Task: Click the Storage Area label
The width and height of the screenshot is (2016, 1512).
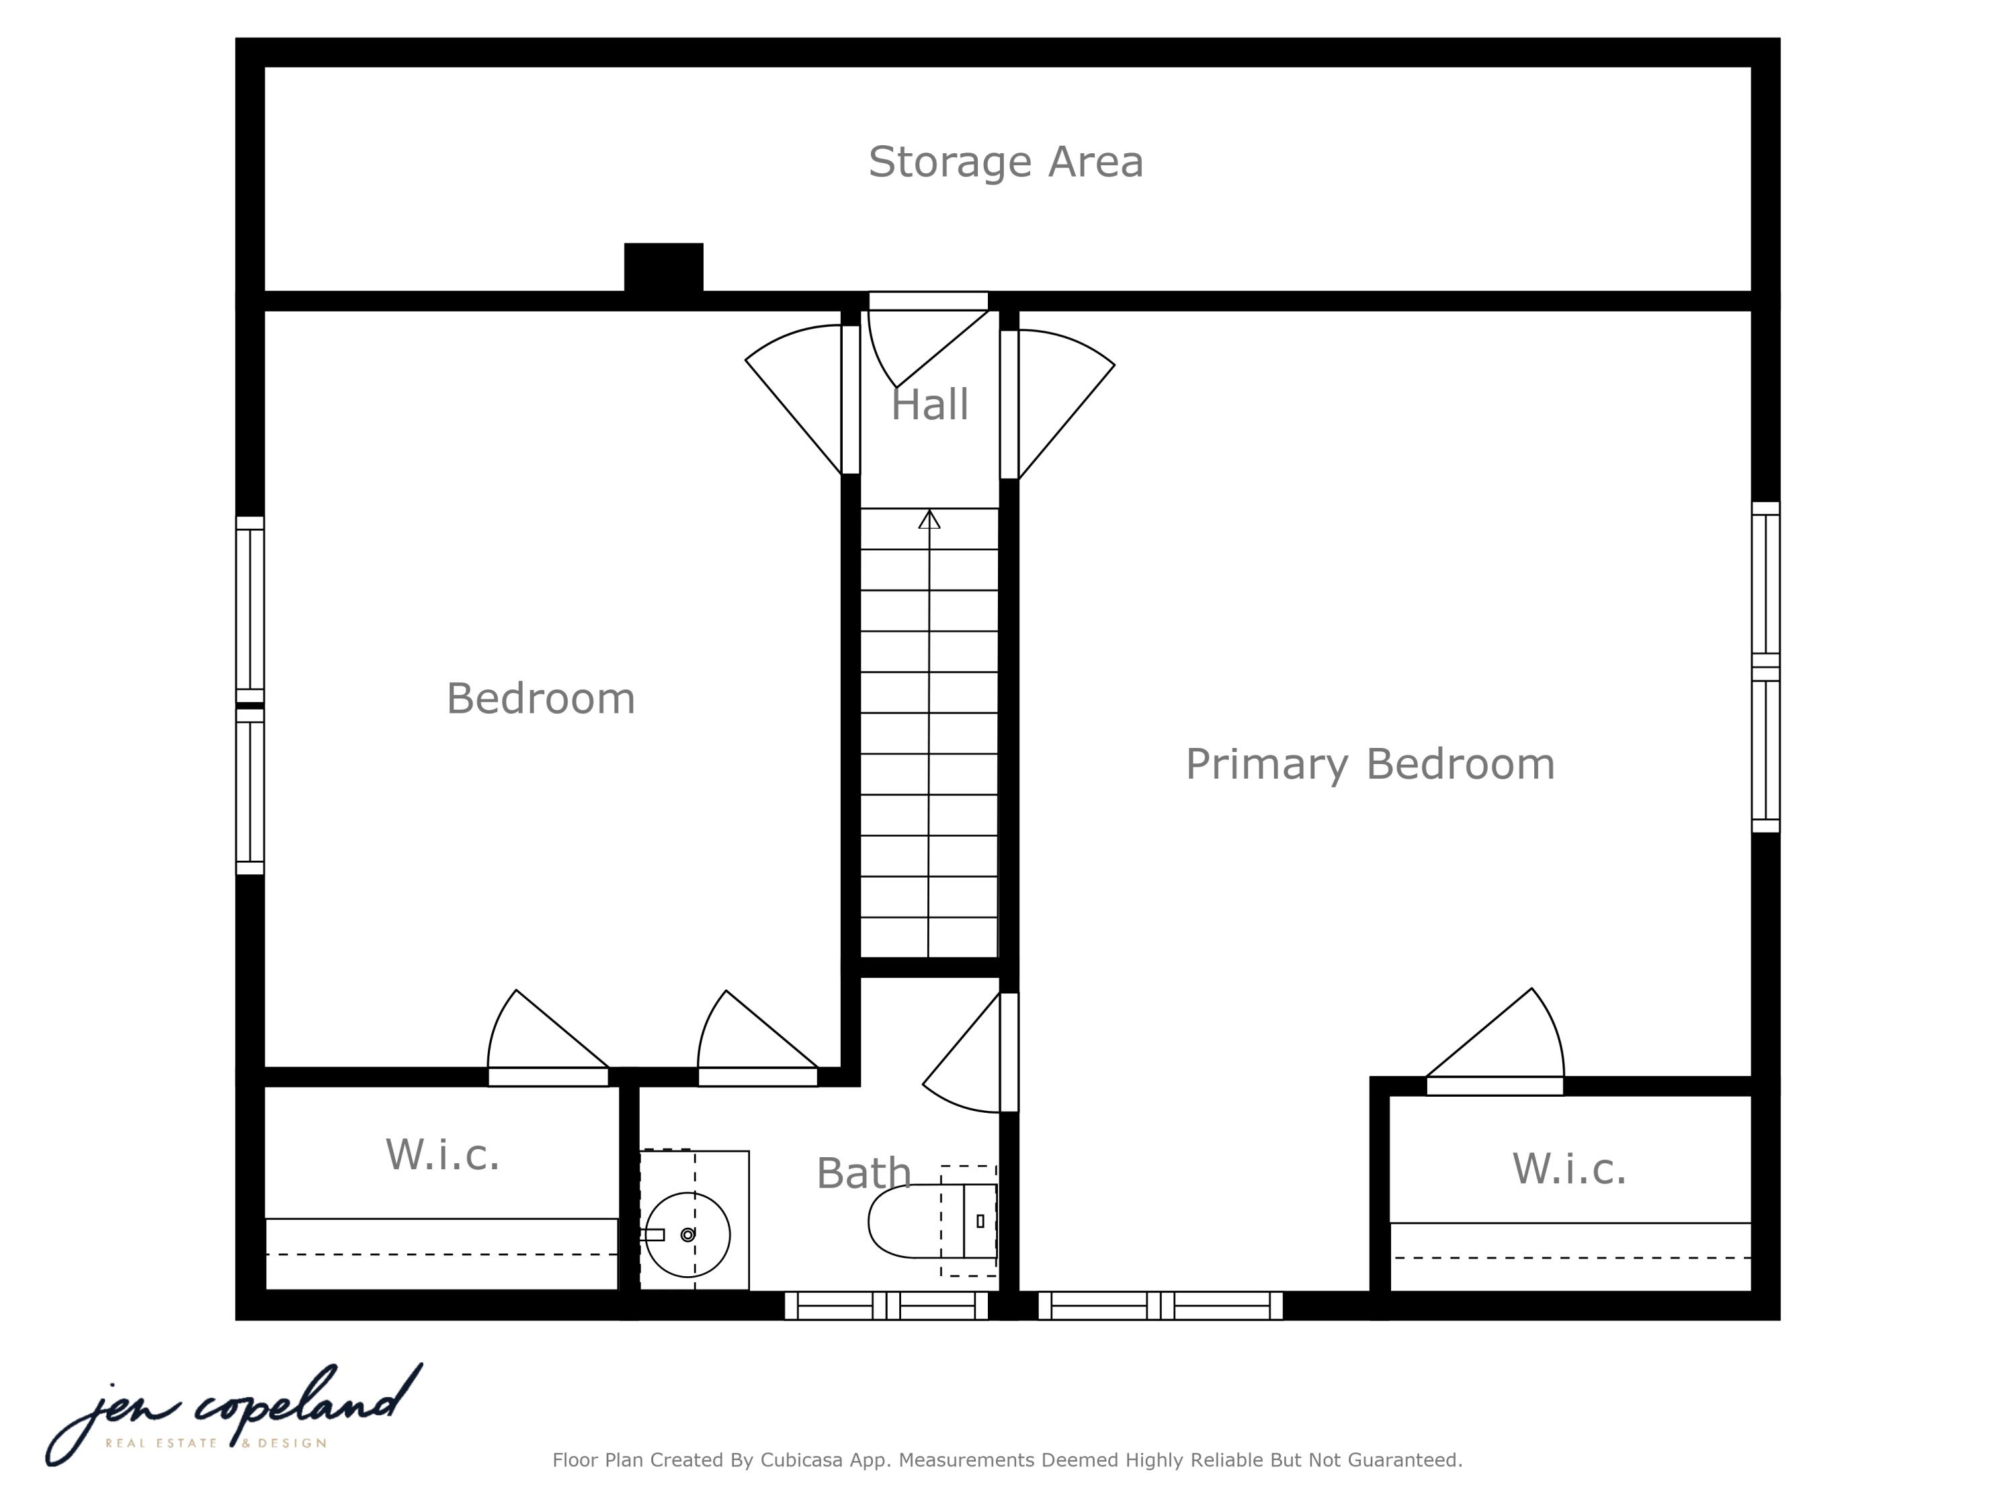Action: pyautogui.click(x=1005, y=162)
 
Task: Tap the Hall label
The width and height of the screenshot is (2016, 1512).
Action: pyautogui.click(x=929, y=405)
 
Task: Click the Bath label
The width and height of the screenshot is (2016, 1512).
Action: pyautogui.click(x=863, y=1173)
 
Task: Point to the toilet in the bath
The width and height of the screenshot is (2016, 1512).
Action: pyautogui.click(x=932, y=1221)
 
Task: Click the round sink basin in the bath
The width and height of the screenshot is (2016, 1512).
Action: pyautogui.click(x=687, y=1235)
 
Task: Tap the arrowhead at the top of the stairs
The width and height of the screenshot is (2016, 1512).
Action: pyautogui.click(x=929, y=519)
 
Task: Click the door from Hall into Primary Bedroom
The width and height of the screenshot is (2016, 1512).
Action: pyautogui.click(x=1057, y=404)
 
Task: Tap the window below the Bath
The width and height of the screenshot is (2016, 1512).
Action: pyautogui.click(x=886, y=1305)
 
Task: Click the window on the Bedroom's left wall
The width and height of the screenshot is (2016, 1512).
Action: pyautogui.click(x=250, y=696)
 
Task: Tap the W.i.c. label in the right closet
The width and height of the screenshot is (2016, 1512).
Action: pyautogui.click(x=1569, y=1169)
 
